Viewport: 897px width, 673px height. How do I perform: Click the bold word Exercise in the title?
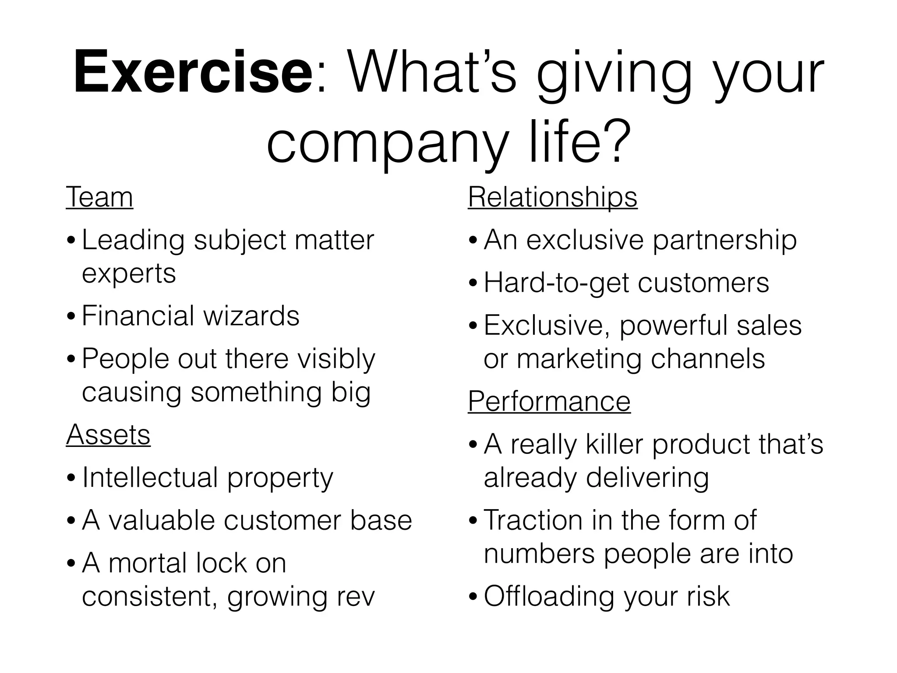coord(193,72)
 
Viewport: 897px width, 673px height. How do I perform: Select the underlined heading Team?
coord(99,198)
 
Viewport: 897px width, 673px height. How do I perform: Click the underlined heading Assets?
coord(108,435)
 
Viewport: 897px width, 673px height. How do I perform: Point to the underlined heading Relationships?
coord(552,198)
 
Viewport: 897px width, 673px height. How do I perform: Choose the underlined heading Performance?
coord(549,401)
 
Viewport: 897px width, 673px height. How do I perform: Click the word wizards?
coord(251,316)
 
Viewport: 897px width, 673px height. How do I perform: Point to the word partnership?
coord(724,241)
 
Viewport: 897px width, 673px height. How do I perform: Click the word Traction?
coord(533,520)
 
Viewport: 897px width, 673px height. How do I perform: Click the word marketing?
coord(579,359)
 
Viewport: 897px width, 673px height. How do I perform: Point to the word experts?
coord(129,274)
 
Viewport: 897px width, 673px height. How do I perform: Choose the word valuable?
coord(162,521)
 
